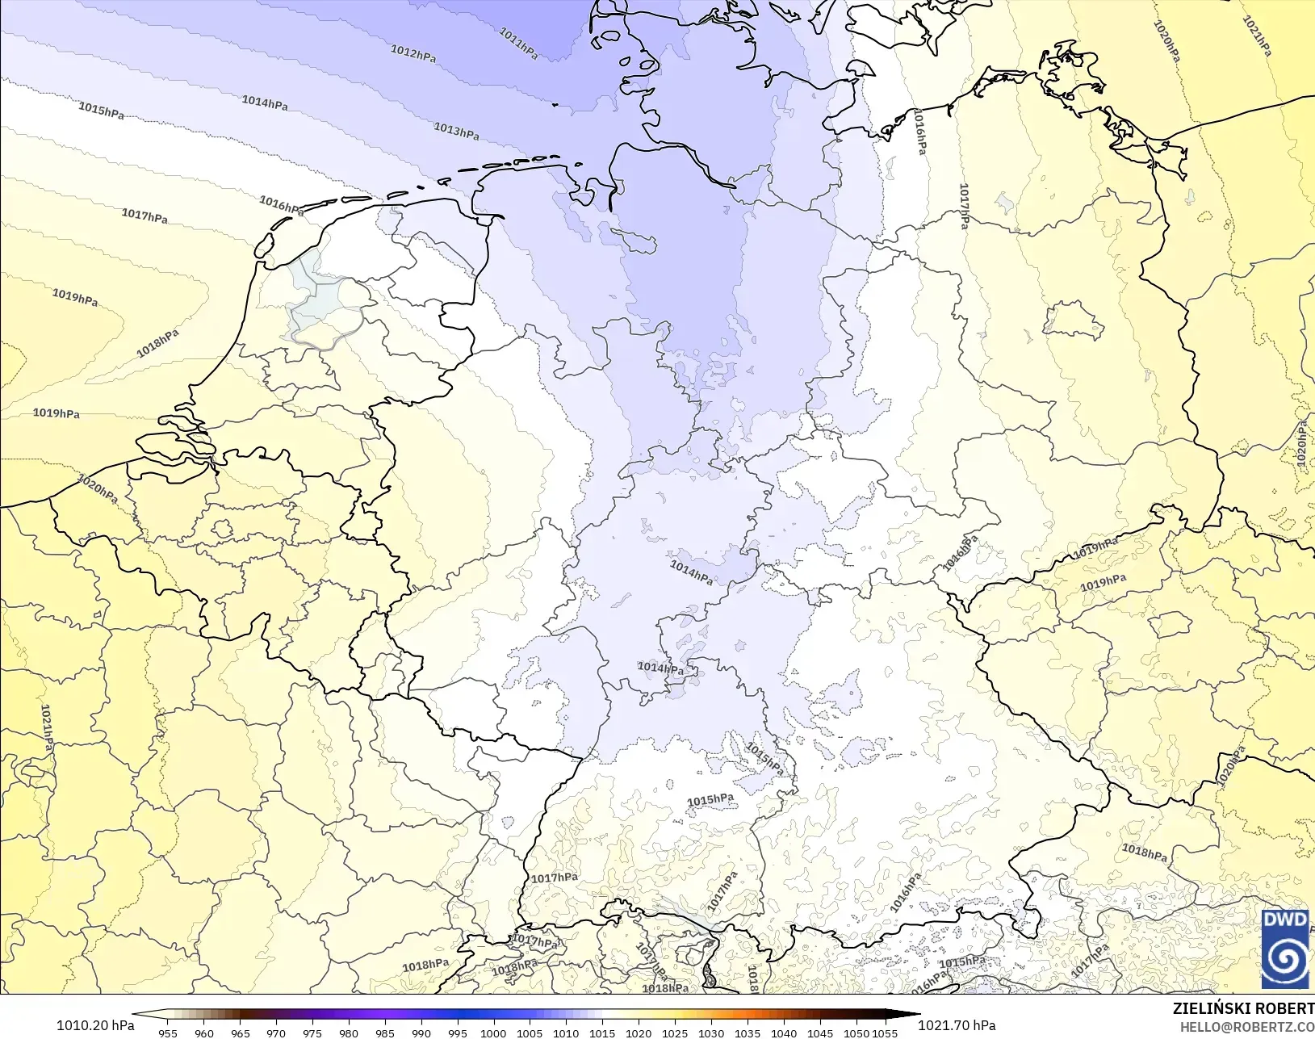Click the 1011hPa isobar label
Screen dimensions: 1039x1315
pos(518,43)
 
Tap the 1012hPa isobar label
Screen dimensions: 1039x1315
pos(413,53)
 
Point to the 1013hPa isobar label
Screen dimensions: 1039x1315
pos(456,131)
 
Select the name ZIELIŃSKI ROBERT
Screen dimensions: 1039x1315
pos(1243,1009)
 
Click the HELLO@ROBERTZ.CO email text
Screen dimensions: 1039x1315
pos(1247,1027)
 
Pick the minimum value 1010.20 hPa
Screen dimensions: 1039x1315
pos(95,1025)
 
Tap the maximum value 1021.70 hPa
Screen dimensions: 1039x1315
pos(957,1025)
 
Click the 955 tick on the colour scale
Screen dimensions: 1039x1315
pos(168,1033)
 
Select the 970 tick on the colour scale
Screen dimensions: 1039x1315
pos(276,1033)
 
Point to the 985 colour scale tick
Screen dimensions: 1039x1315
pos(385,1033)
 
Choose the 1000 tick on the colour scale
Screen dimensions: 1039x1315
pos(493,1033)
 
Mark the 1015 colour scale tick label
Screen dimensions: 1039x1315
pos(602,1033)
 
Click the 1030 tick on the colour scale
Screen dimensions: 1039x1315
pos(711,1033)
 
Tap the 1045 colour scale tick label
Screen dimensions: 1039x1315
pos(820,1033)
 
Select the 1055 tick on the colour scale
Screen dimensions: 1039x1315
pos(885,1033)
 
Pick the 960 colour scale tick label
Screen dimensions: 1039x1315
pos(204,1033)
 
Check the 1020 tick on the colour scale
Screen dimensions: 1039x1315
pos(639,1033)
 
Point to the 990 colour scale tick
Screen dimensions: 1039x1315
pos(421,1033)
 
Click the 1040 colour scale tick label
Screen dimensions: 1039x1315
pos(784,1033)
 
